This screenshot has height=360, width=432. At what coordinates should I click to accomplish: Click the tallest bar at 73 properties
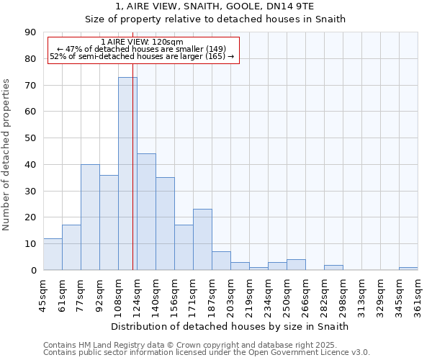[127, 174]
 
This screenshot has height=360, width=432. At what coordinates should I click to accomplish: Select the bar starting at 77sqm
[90, 217]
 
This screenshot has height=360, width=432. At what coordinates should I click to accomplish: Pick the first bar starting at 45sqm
[53, 254]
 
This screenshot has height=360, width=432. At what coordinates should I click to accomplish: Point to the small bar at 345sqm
[408, 269]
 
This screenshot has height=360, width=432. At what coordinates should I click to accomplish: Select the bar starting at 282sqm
[333, 268]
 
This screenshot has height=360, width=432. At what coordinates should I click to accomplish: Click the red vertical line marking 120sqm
[133, 180]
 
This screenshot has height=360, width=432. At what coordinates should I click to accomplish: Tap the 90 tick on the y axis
[30, 32]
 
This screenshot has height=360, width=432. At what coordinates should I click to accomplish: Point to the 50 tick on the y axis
[30, 138]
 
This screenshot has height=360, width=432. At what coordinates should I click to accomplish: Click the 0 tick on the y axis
[33, 270]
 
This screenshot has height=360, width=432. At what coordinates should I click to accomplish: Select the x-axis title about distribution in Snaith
[230, 326]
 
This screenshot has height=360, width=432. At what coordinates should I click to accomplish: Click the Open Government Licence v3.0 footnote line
[207, 353]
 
